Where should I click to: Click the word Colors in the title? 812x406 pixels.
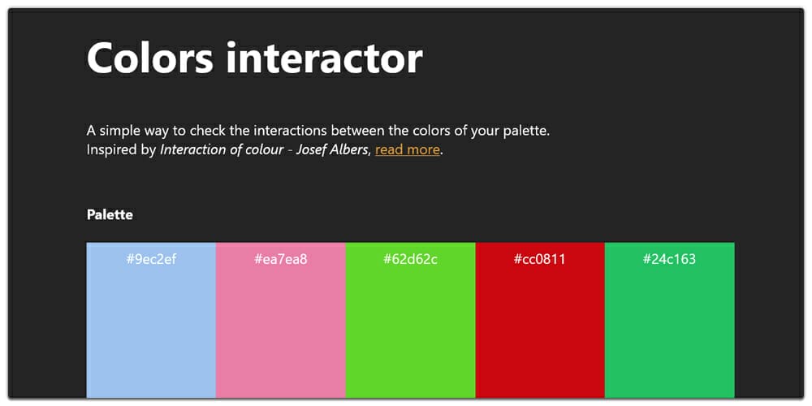[149, 58]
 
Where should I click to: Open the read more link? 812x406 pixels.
[408, 149]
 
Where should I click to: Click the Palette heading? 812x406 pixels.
[110, 215]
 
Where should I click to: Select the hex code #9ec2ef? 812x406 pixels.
[151, 259]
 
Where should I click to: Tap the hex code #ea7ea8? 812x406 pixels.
[280, 259]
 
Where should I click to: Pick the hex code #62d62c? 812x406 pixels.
[410, 259]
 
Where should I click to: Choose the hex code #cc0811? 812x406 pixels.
[540, 259]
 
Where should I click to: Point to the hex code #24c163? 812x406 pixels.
[669, 259]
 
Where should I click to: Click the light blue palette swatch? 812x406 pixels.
[151, 333]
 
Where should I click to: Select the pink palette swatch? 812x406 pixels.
[280, 333]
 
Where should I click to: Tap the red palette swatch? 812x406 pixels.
[540, 333]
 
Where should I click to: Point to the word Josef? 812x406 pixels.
[311, 149]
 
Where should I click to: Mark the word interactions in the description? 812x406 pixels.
[292, 130]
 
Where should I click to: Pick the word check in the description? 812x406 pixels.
[208, 130]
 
